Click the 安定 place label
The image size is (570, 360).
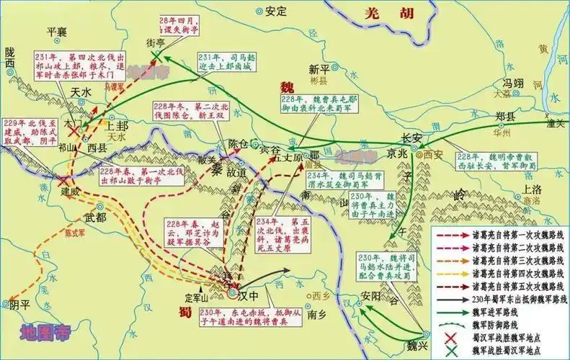(275, 11)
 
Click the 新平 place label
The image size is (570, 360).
(318, 69)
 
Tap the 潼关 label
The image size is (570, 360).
(556, 123)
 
